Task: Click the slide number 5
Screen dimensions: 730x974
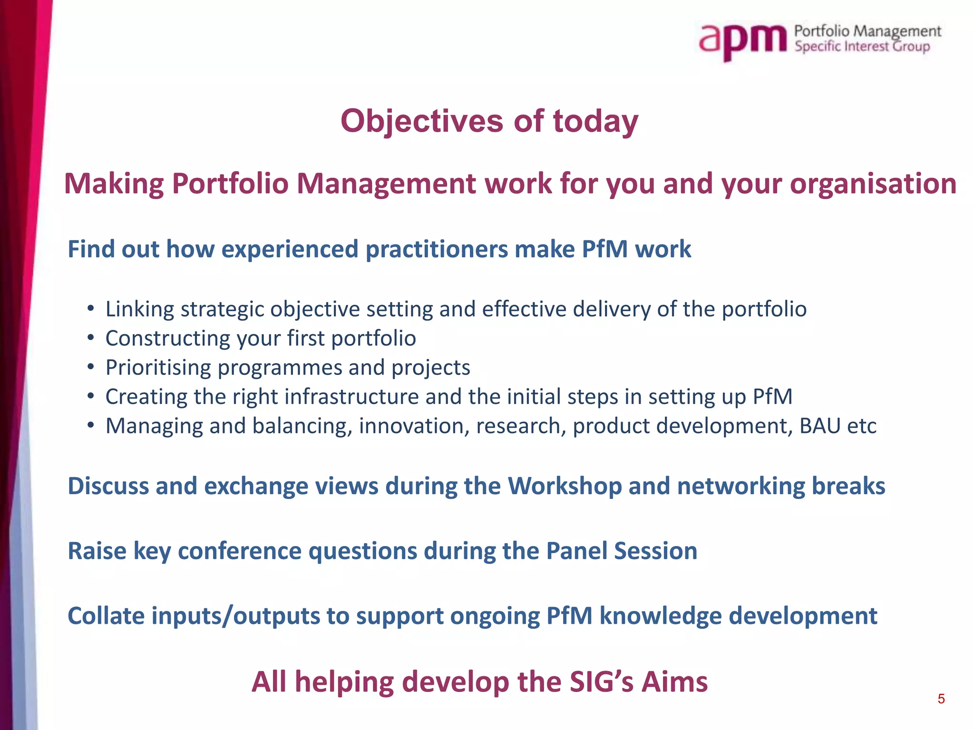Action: [x=941, y=699]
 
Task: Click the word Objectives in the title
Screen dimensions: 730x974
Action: [x=421, y=121]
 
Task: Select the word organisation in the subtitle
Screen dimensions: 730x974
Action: [x=873, y=184]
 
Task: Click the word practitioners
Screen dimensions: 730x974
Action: [x=437, y=250]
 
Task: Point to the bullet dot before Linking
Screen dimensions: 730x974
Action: [x=91, y=309]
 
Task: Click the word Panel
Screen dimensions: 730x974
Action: [x=576, y=551]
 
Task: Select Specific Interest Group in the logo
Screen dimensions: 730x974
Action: [x=862, y=47]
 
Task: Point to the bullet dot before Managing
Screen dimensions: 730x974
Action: [x=91, y=426]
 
